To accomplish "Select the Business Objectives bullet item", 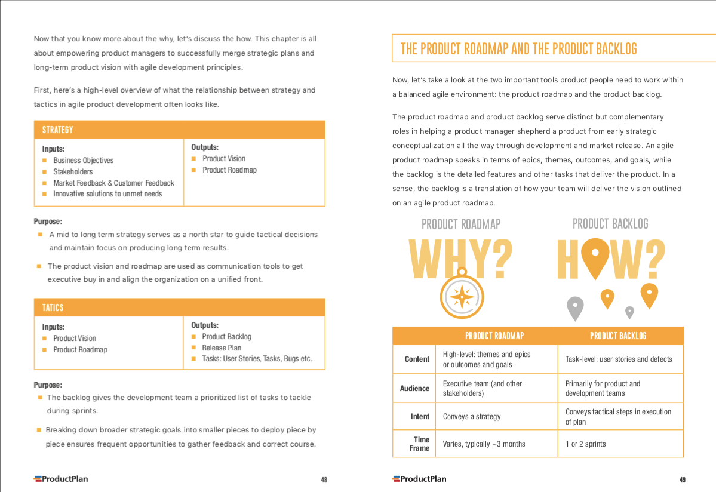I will [x=83, y=160].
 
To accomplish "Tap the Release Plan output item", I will [x=222, y=348].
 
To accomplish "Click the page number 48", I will [x=324, y=479].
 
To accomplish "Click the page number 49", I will [x=682, y=479].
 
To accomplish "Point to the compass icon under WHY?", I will [x=461, y=294].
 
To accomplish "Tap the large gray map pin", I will [x=574, y=307].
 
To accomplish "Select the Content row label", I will [x=417, y=359].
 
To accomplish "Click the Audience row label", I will [x=414, y=388].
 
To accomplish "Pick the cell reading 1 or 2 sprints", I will [x=586, y=444].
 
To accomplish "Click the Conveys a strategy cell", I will [x=472, y=416].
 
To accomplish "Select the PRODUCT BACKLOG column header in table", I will [x=618, y=336].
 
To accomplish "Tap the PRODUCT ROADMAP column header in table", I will [x=494, y=336].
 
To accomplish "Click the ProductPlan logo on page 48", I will [x=61, y=478].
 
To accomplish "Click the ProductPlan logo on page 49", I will [x=419, y=478].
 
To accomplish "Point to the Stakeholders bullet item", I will [x=73, y=171].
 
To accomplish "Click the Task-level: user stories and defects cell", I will [x=619, y=359].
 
